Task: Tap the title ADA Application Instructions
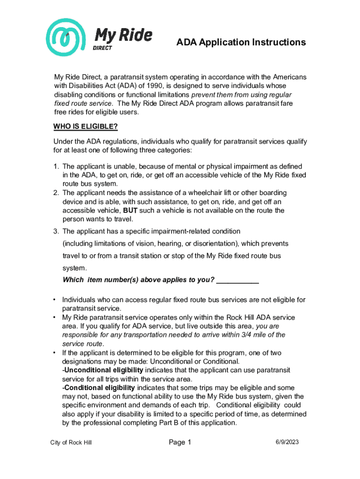pyautogui.click(x=241, y=43)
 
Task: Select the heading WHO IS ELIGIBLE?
pyautogui.click(x=86, y=127)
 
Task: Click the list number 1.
pyautogui.click(x=56, y=166)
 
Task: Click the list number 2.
pyautogui.click(x=56, y=193)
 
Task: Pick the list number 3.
pyautogui.click(x=56, y=231)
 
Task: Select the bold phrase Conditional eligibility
pyautogui.click(x=99, y=388)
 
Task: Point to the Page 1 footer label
pyautogui.click(x=180, y=442)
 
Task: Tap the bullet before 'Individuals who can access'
pyautogui.click(x=55, y=300)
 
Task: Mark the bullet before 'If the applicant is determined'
pyautogui.click(x=55, y=353)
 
